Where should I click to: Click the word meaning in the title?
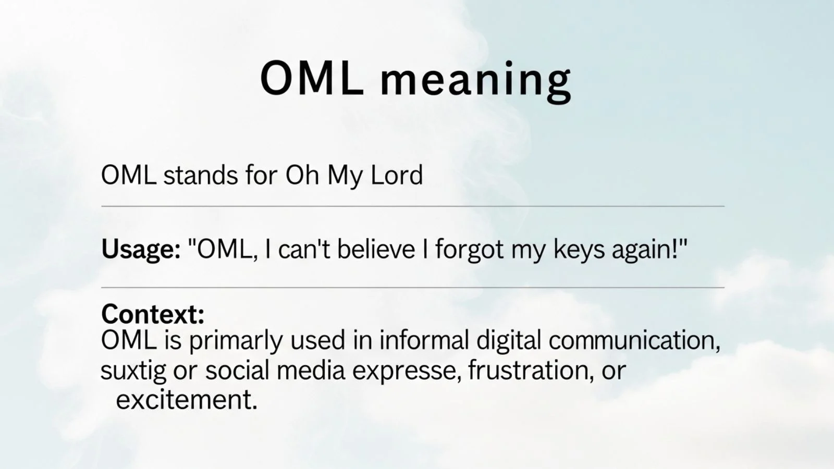point(475,79)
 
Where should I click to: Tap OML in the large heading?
point(312,78)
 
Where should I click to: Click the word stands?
point(201,175)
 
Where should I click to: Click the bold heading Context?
point(153,314)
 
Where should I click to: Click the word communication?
point(634,341)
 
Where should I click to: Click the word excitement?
point(187,400)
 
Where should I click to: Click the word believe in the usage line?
point(376,249)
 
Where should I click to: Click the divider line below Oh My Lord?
point(412,206)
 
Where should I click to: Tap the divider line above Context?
point(412,287)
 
